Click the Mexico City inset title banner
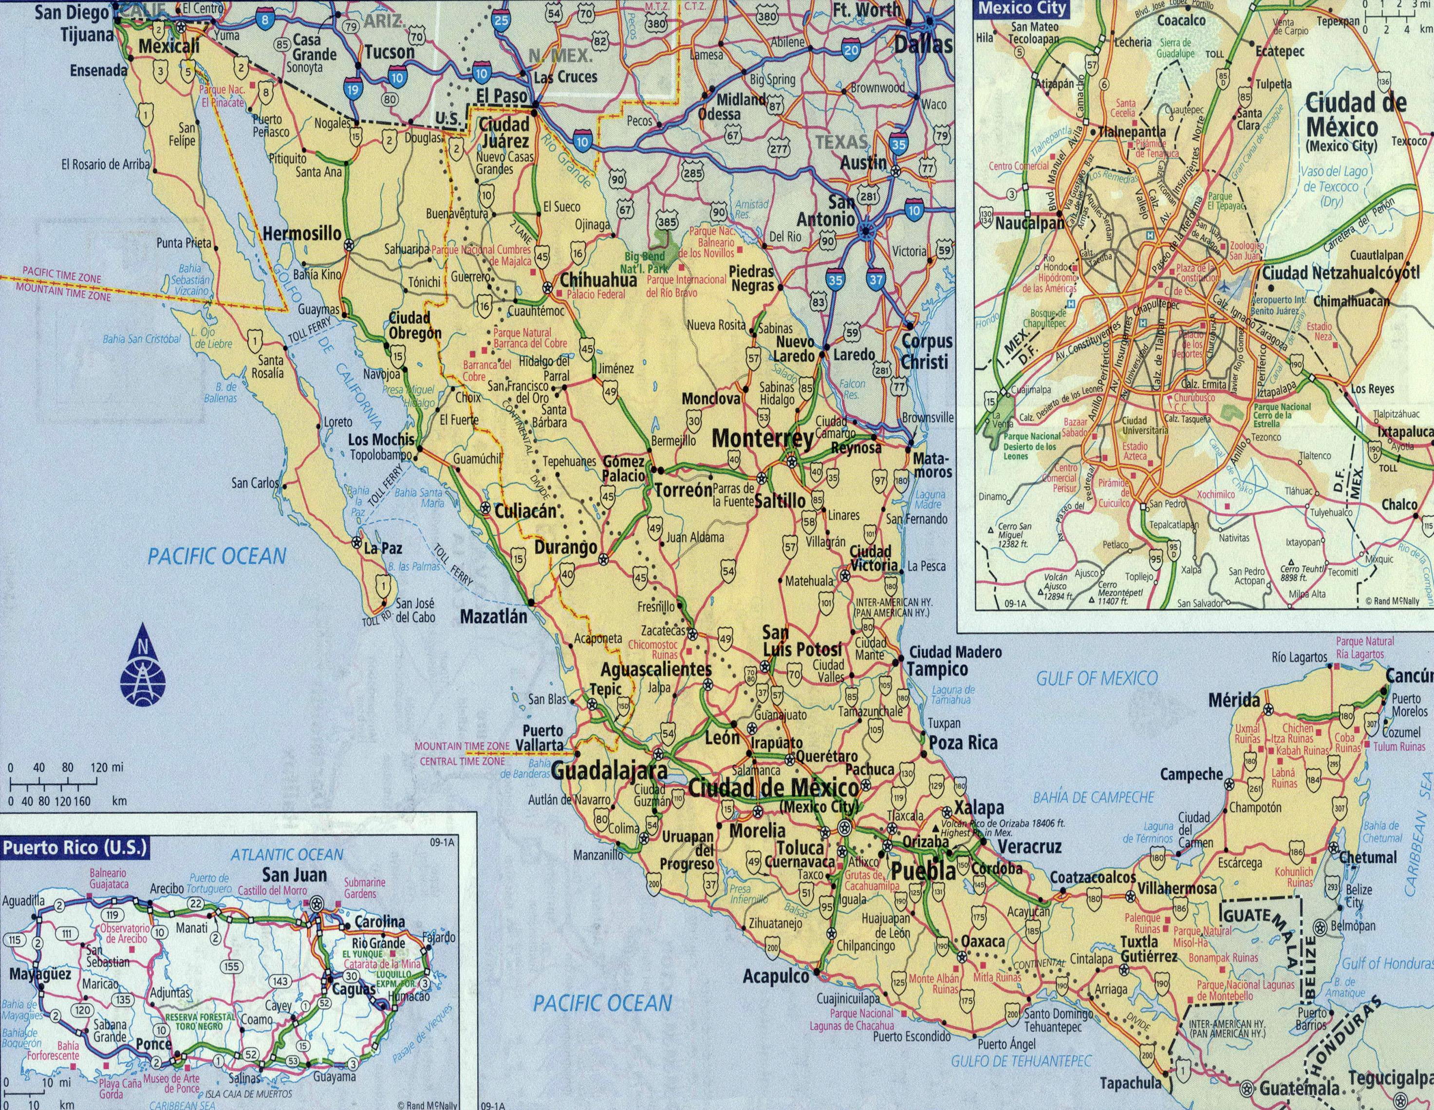[1013, 9]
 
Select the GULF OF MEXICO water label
[1097, 678]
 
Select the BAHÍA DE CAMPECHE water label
[1093, 797]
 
